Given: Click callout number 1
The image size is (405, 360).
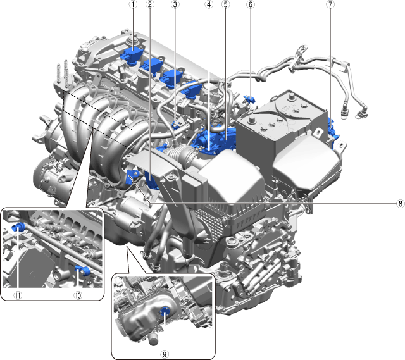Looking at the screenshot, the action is click(134, 4).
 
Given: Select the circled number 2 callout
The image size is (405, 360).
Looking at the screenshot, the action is click(150, 4).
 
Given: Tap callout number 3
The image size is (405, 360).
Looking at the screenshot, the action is click(175, 4).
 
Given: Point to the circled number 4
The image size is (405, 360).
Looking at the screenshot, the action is click(209, 4).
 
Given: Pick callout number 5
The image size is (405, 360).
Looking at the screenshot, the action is click(225, 4).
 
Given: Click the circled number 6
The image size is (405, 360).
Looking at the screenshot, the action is click(251, 4).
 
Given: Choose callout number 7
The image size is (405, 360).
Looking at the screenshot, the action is click(330, 4).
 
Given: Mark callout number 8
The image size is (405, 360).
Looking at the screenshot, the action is click(400, 204).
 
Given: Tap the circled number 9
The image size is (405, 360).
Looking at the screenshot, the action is click(165, 354).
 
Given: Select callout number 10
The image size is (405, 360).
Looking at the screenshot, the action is click(78, 295).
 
